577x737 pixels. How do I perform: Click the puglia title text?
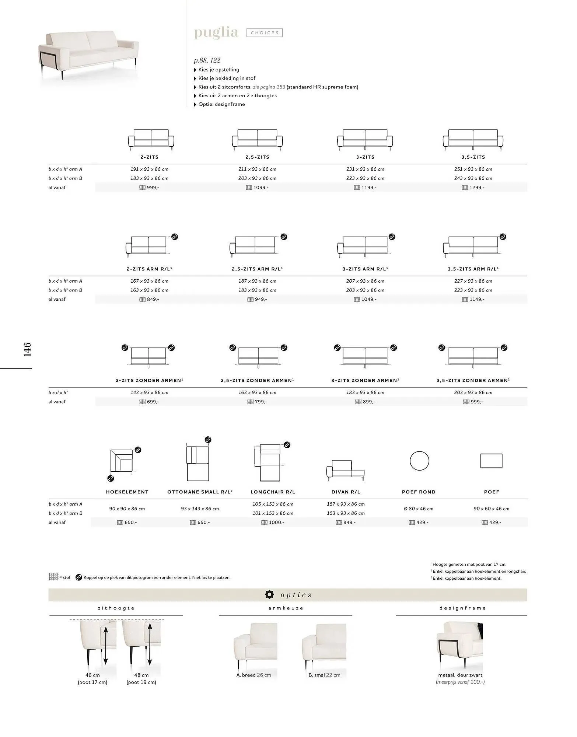point(216,32)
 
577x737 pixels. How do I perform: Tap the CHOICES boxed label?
point(265,33)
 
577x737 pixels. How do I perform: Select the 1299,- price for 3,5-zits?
point(473,188)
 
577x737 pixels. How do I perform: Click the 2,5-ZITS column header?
point(257,157)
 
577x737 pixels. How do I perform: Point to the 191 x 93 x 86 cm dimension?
point(149,169)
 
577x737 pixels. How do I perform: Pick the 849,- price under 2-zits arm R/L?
point(149,299)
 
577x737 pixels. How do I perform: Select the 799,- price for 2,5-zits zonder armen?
point(257,402)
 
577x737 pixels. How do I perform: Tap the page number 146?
point(27,349)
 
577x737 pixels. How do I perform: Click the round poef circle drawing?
point(419,461)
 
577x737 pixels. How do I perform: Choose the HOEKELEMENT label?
point(127,492)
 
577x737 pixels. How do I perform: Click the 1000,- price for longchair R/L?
point(273,523)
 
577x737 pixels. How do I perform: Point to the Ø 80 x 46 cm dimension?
point(419,509)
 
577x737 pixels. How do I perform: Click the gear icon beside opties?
point(270,594)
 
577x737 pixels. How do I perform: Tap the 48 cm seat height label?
point(141,675)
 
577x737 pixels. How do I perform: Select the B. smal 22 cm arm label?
point(324,675)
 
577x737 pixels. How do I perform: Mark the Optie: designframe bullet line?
point(221,104)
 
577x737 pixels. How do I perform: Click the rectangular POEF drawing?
point(491,461)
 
